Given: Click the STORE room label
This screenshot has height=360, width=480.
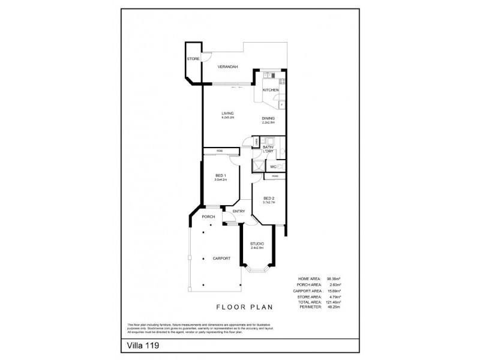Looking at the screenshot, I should [x=193, y=59].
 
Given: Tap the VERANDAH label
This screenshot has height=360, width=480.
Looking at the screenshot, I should [x=228, y=67].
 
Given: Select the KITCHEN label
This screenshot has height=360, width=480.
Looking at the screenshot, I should [x=271, y=90].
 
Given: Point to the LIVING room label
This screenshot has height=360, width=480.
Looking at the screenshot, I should [x=227, y=113].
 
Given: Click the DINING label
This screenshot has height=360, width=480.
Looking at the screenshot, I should [x=268, y=118].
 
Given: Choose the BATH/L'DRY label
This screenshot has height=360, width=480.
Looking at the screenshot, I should [x=268, y=149].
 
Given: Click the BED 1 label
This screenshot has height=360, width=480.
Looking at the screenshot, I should [x=220, y=176].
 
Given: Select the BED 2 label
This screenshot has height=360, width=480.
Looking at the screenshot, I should [x=268, y=197].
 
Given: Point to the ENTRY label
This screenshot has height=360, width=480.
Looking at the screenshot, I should [x=239, y=211].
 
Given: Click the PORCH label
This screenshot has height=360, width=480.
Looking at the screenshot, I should [x=208, y=217].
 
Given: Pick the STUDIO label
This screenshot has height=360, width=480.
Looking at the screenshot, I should [x=257, y=243].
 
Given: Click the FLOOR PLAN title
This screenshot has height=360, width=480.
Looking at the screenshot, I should [x=247, y=306].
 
